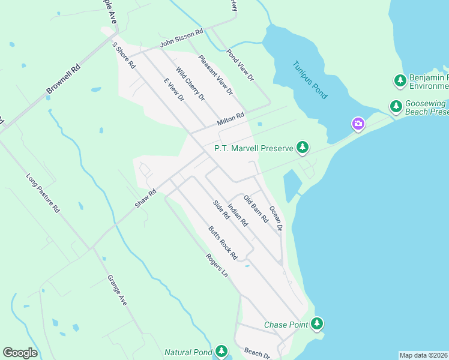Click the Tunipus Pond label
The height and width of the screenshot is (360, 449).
[310, 80]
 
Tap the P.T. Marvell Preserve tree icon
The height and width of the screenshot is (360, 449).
[303, 148]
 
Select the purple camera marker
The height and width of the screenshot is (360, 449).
[358, 124]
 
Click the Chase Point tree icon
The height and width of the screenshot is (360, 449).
[317, 325]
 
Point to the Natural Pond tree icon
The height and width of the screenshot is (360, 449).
[221, 352]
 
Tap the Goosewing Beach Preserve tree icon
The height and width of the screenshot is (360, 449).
[396, 107]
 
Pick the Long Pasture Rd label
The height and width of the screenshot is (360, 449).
[43, 194]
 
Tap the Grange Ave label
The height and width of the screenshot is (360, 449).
[117, 290]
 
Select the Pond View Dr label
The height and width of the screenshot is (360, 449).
[240, 65]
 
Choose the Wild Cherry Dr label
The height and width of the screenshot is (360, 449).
[190, 84]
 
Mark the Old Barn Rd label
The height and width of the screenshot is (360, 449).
[255, 209]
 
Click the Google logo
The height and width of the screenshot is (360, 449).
[20, 353]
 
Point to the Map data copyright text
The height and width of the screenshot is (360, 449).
[423, 355]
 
